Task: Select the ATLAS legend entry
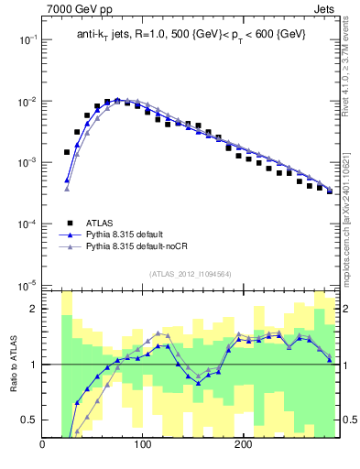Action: point(100,223)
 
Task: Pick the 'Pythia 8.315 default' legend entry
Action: point(126,234)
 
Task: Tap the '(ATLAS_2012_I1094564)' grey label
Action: point(190,274)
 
